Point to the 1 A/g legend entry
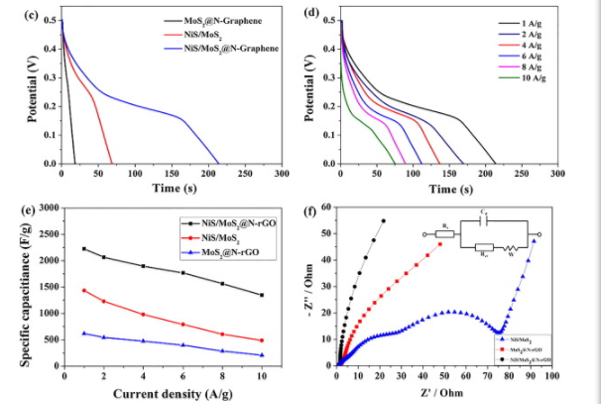click(521, 19)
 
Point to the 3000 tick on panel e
click(47, 210)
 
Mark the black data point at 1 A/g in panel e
click(84, 249)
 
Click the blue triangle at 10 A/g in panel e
click(262, 354)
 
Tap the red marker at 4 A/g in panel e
click(143, 315)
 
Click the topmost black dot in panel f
click(383, 220)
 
